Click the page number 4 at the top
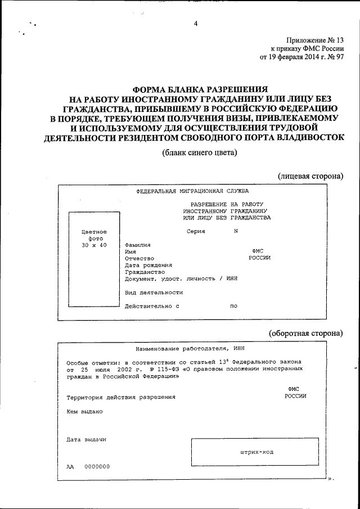coord(195,24)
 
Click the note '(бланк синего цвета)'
coord(199,152)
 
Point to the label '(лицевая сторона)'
coord(310,176)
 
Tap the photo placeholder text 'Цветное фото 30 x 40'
coord(94,239)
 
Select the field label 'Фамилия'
coord(138,246)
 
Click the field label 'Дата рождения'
coord(148,265)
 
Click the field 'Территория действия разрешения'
coord(121,397)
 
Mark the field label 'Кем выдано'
coord(84,411)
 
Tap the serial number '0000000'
coord(97,466)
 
